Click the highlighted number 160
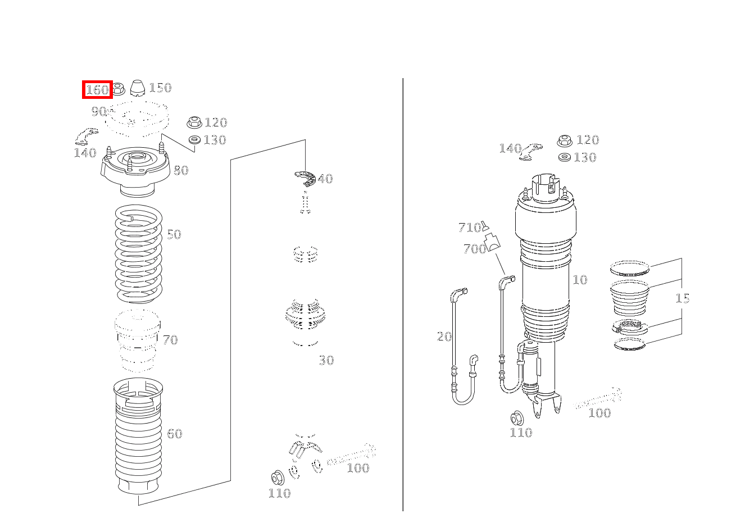pyautogui.click(x=97, y=90)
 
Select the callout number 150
pyautogui.click(x=160, y=88)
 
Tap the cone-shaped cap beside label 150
pyautogui.click(x=137, y=88)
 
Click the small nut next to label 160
pyautogui.click(x=118, y=89)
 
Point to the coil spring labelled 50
pyautogui.click(x=138, y=254)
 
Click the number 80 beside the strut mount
pyautogui.click(x=181, y=170)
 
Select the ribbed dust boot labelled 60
pyautogui.click(x=138, y=436)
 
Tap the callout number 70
pyautogui.click(x=170, y=339)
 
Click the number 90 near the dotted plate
pyautogui.click(x=99, y=111)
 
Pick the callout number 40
pyautogui.click(x=325, y=179)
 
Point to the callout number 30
pyautogui.click(x=326, y=360)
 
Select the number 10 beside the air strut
pyautogui.click(x=580, y=280)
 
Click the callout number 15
pyautogui.click(x=683, y=298)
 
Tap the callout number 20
pyautogui.click(x=444, y=337)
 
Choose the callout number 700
pyautogui.click(x=475, y=249)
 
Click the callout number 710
pyautogui.click(x=469, y=228)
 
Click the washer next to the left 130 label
pyautogui.click(x=194, y=139)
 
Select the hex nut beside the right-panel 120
pyautogui.click(x=565, y=141)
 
